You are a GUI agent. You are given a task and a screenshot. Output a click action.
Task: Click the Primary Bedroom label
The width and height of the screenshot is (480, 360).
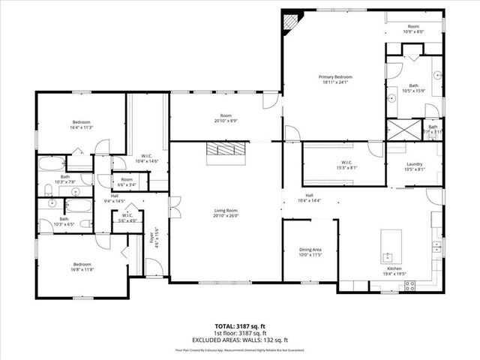point(334,77)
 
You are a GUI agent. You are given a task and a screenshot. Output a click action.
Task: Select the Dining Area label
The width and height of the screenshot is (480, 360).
point(310,249)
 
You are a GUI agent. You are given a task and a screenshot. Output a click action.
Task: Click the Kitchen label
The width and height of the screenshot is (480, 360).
point(395,268)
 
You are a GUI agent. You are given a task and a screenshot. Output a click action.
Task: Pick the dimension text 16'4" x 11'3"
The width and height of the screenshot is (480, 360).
point(81,127)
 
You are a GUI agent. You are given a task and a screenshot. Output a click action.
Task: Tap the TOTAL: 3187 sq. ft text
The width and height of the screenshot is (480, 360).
point(240,327)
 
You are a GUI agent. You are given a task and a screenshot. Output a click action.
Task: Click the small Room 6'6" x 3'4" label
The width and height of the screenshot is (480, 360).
point(127,182)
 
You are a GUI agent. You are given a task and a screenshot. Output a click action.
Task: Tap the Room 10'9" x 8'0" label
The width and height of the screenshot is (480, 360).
point(413,28)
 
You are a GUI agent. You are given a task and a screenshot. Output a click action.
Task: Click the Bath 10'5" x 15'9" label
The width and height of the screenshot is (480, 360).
point(413,88)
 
